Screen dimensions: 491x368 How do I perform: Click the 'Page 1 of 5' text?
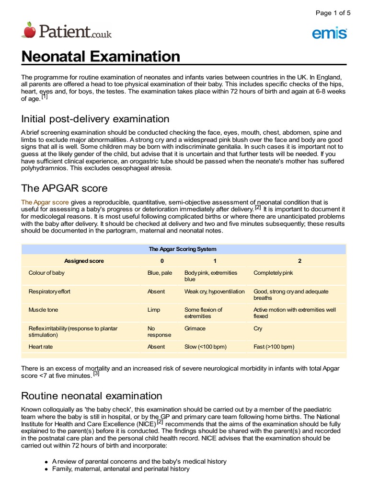coord(333,13)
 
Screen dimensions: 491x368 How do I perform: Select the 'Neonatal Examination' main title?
coord(101,57)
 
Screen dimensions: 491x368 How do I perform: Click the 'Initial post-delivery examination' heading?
coord(95,119)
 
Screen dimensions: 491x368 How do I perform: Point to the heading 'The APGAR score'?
coord(64,188)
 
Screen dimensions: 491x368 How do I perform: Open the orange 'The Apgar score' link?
coord(45,202)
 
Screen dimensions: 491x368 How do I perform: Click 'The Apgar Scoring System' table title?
coord(183,249)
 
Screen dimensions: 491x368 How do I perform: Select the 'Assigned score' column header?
coord(84,261)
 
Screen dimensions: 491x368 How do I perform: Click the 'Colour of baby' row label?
coord(46,273)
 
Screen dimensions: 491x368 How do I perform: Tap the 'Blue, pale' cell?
coord(160,273)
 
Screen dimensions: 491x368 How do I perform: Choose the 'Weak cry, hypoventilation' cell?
coord(214,292)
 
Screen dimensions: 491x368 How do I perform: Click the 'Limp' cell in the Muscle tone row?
coord(153,310)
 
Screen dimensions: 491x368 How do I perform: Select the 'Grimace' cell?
coord(195,328)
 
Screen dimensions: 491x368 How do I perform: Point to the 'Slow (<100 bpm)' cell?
coord(206,347)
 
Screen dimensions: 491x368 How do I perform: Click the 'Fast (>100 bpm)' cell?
coord(274,347)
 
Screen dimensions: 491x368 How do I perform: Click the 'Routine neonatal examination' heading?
coord(92,396)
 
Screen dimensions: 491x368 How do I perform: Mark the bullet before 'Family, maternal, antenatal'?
coord(46,469)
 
